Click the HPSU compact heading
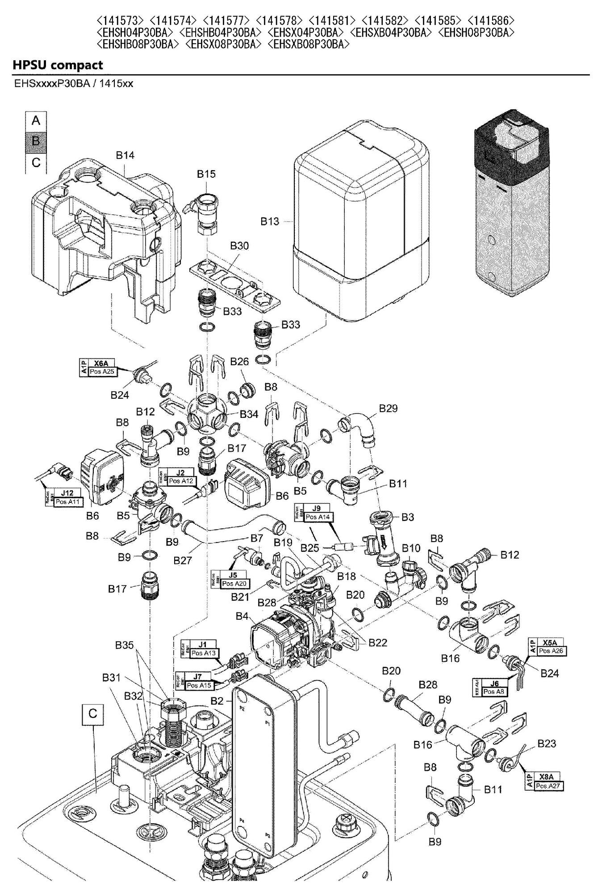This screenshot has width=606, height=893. [x=58, y=65]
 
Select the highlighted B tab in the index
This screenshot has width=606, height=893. [x=36, y=141]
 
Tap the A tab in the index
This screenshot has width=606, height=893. [x=36, y=121]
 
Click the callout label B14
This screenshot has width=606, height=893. [x=125, y=155]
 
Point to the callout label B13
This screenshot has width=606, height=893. [x=270, y=221]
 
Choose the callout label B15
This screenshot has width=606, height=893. [x=206, y=174]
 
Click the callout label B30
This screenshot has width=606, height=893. [x=239, y=246]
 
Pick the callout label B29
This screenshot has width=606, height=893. [x=388, y=409]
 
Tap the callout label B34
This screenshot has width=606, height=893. [x=249, y=414]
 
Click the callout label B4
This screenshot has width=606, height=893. [x=242, y=617]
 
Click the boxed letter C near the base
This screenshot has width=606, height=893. [x=92, y=714]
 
